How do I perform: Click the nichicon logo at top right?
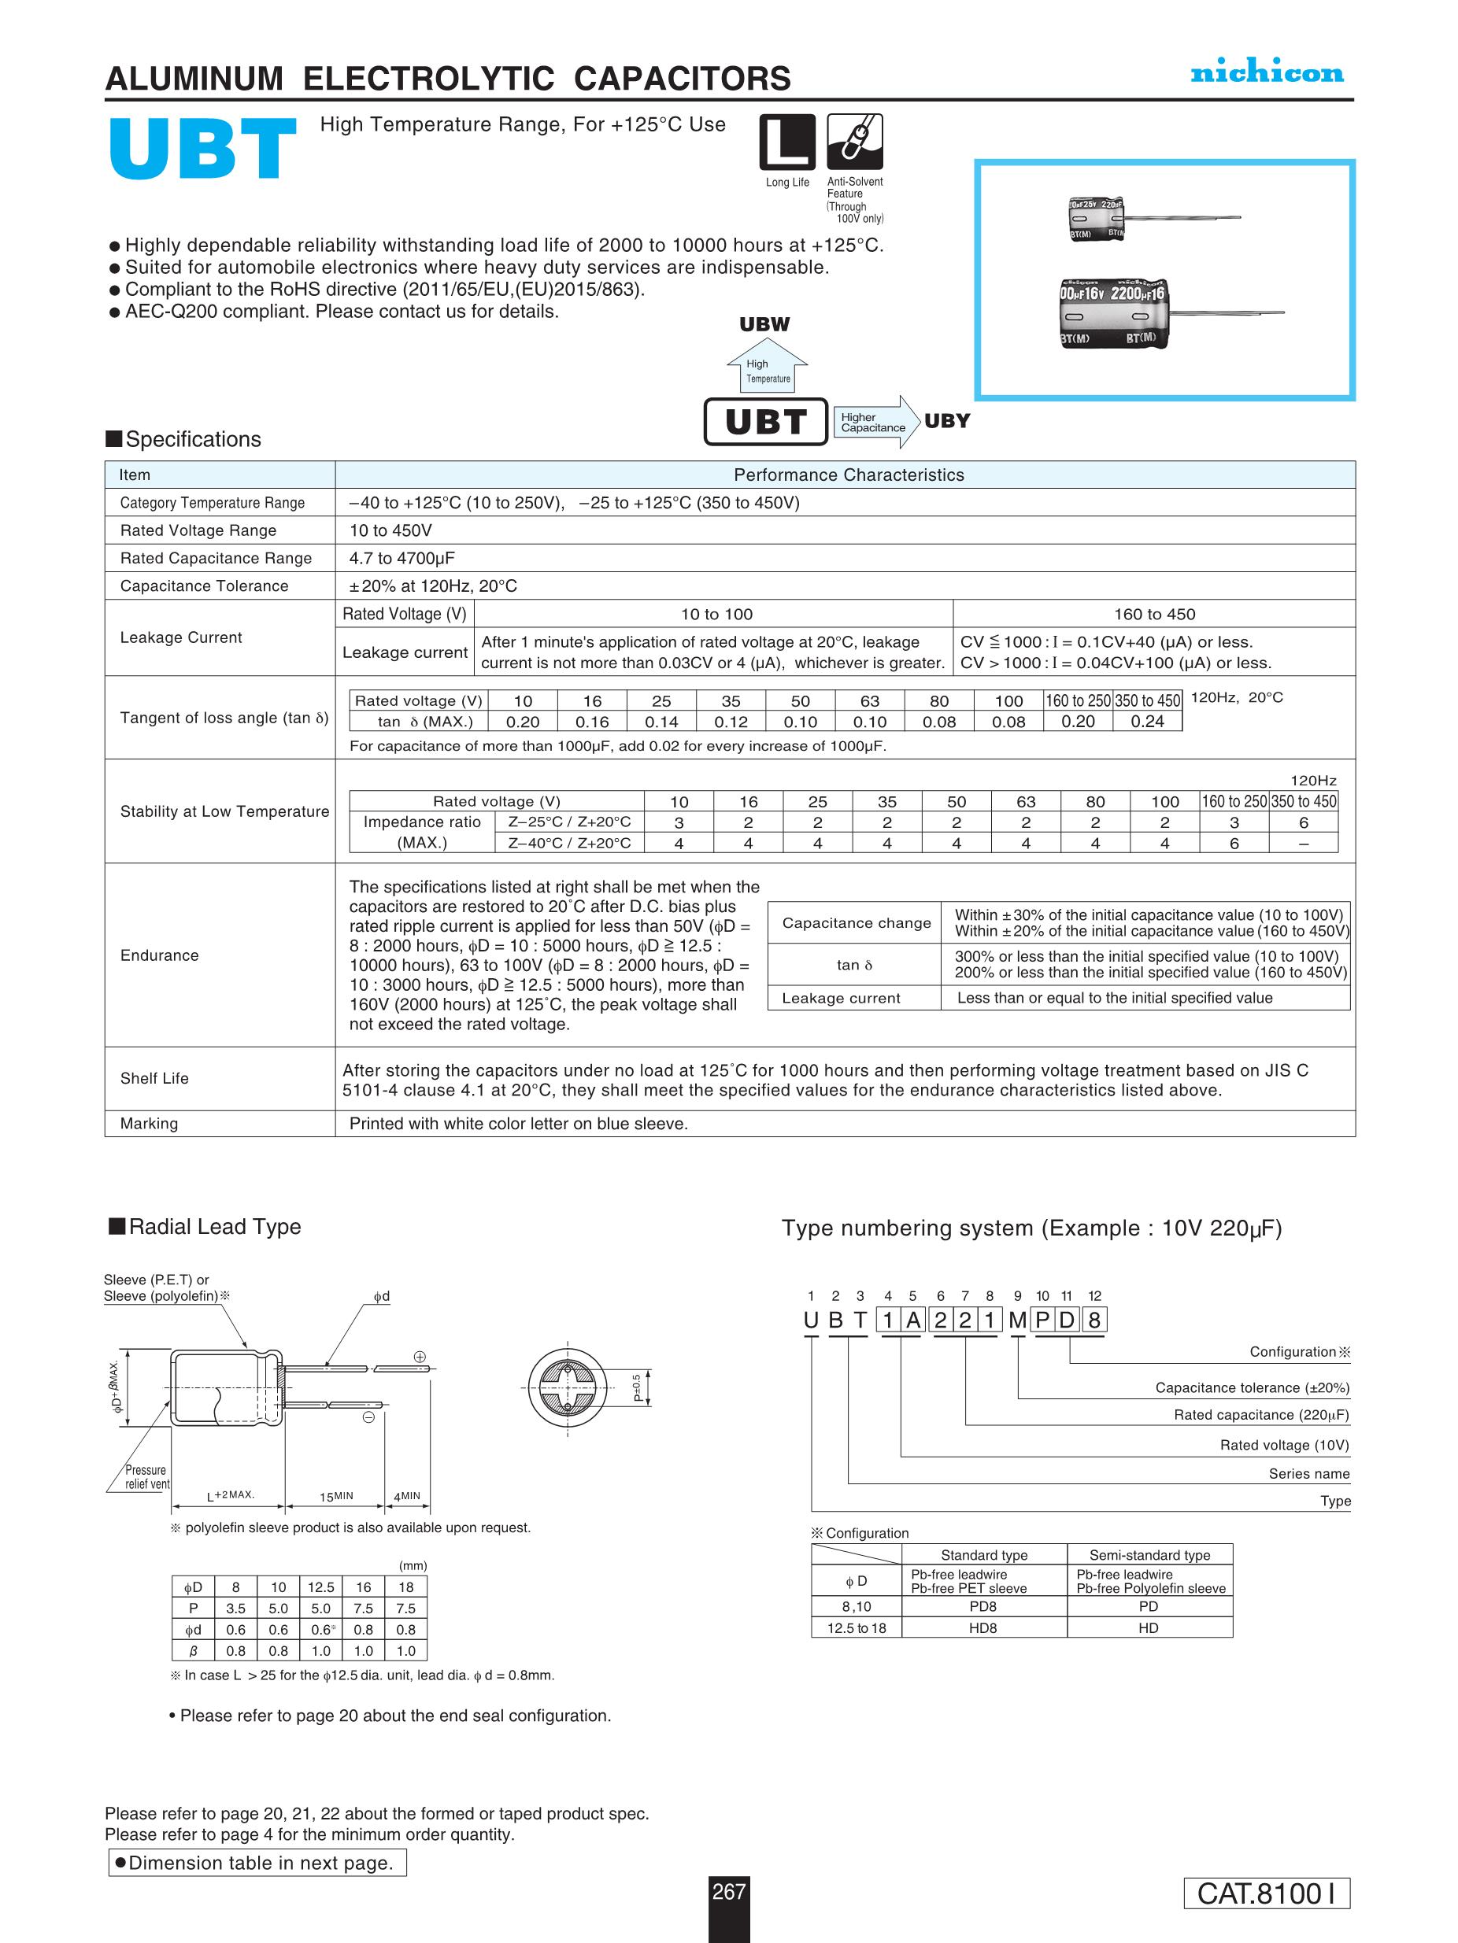(1267, 73)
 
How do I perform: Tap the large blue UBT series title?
(202, 150)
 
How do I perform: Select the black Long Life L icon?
(786, 142)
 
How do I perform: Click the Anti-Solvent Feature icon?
(854, 142)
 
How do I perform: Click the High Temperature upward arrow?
(766, 364)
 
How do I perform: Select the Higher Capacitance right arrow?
(874, 423)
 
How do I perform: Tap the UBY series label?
(946, 421)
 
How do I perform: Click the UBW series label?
(764, 324)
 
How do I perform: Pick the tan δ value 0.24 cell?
(1147, 721)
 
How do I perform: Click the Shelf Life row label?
(154, 1078)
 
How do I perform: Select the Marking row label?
(149, 1124)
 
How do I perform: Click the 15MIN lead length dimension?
(335, 1496)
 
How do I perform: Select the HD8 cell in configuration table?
(982, 1627)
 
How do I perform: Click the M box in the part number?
(1017, 1321)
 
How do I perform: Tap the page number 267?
(728, 1891)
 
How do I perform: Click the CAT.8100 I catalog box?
(1266, 1893)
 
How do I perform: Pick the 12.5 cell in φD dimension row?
(320, 1587)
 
